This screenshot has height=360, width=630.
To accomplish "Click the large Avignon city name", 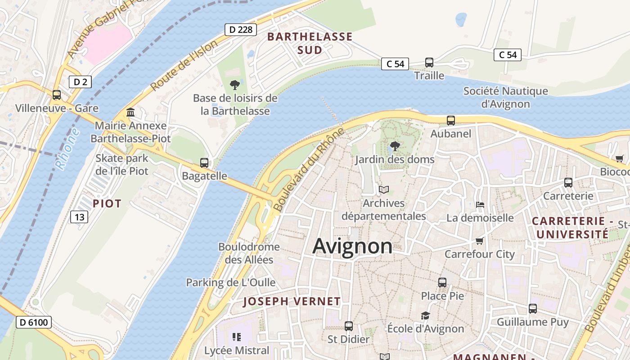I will click(352, 246).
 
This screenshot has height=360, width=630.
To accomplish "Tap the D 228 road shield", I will click(241, 30).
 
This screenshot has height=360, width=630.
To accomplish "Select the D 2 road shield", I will click(80, 81).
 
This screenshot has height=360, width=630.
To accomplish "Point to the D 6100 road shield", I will click(34, 322).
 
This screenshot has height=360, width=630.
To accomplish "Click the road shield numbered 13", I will click(79, 217).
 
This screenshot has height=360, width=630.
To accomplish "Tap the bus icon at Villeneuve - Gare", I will click(57, 95).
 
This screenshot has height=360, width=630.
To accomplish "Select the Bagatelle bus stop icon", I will click(204, 162).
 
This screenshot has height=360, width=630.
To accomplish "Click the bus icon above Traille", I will click(429, 62).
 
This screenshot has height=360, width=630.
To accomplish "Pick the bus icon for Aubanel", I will click(451, 120).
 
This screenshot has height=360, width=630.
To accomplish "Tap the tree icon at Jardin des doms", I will click(395, 146).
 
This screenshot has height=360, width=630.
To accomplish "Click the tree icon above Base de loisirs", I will click(234, 85).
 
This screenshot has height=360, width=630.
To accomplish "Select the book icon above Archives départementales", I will click(384, 190).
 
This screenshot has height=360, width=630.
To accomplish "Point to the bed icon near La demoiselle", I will click(480, 205).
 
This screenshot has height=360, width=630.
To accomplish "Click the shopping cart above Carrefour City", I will click(480, 241).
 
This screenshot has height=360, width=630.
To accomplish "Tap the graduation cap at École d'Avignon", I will click(425, 315).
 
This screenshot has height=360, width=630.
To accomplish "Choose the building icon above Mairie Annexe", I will click(130, 112).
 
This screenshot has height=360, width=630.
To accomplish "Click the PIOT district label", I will click(107, 203).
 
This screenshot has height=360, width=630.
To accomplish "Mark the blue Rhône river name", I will click(68, 149).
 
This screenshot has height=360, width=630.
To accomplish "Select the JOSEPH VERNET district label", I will click(292, 301).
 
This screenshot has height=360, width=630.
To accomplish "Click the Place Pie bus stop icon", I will click(442, 283).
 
